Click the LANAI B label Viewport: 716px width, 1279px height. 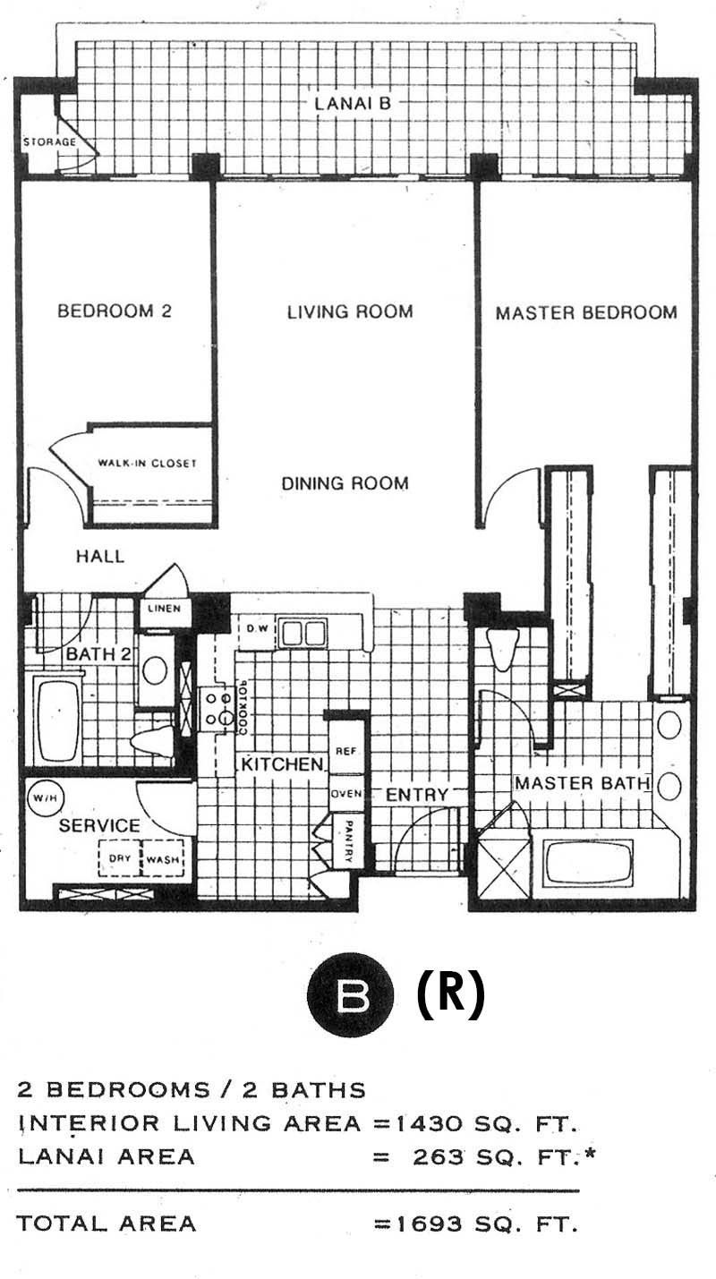pyautogui.click(x=353, y=103)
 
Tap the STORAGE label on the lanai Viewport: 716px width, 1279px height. pyautogui.click(x=50, y=141)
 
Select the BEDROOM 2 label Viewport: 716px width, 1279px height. pyautogui.click(x=115, y=311)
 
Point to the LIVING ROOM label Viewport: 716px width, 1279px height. pyautogui.click(x=350, y=311)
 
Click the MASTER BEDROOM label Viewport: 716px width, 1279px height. pyautogui.click(x=586, y=313)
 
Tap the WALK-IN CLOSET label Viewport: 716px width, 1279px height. pyautogui.click(x=148, y=463)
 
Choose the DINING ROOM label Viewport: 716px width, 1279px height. pyautogui.click(x=345, y=483)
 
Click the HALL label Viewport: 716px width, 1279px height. pyautogui.click(x=100, y=556)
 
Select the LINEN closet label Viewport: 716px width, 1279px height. pyautogui.click(x=165, y=609)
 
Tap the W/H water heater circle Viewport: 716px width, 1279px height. pyautogui.click(x=46, y=798)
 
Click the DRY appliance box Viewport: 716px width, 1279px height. pyautogui.click(x=120, y=858)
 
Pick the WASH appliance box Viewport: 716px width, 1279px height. pyautogui.click(x=162, y=858)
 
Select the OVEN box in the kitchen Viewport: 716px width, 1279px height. pyautogui.click(x=346, y=794)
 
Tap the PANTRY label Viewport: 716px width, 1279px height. pyautogui.click(x=349, y=841)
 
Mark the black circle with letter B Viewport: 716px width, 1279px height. pyautogui.click(x=351, y=995)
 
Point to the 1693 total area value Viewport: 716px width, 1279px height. pyautogui.click(x=429, y=1224)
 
